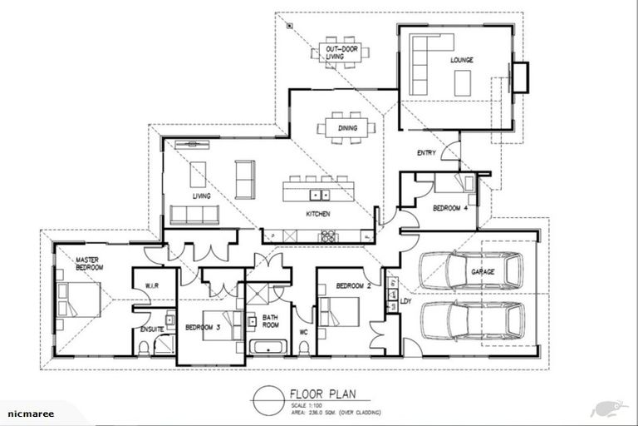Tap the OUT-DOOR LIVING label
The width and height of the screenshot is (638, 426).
[340, 52]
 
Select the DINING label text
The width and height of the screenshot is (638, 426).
[347, 127]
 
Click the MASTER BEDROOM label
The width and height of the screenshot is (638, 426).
[89, 264]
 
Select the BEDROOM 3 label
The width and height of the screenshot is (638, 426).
[202, 327]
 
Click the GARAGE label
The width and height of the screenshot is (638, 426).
[483, 272]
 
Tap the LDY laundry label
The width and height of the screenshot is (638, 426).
[405, 301]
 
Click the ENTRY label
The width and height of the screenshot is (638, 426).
[426, 153]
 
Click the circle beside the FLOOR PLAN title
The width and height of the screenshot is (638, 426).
[268, 399]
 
